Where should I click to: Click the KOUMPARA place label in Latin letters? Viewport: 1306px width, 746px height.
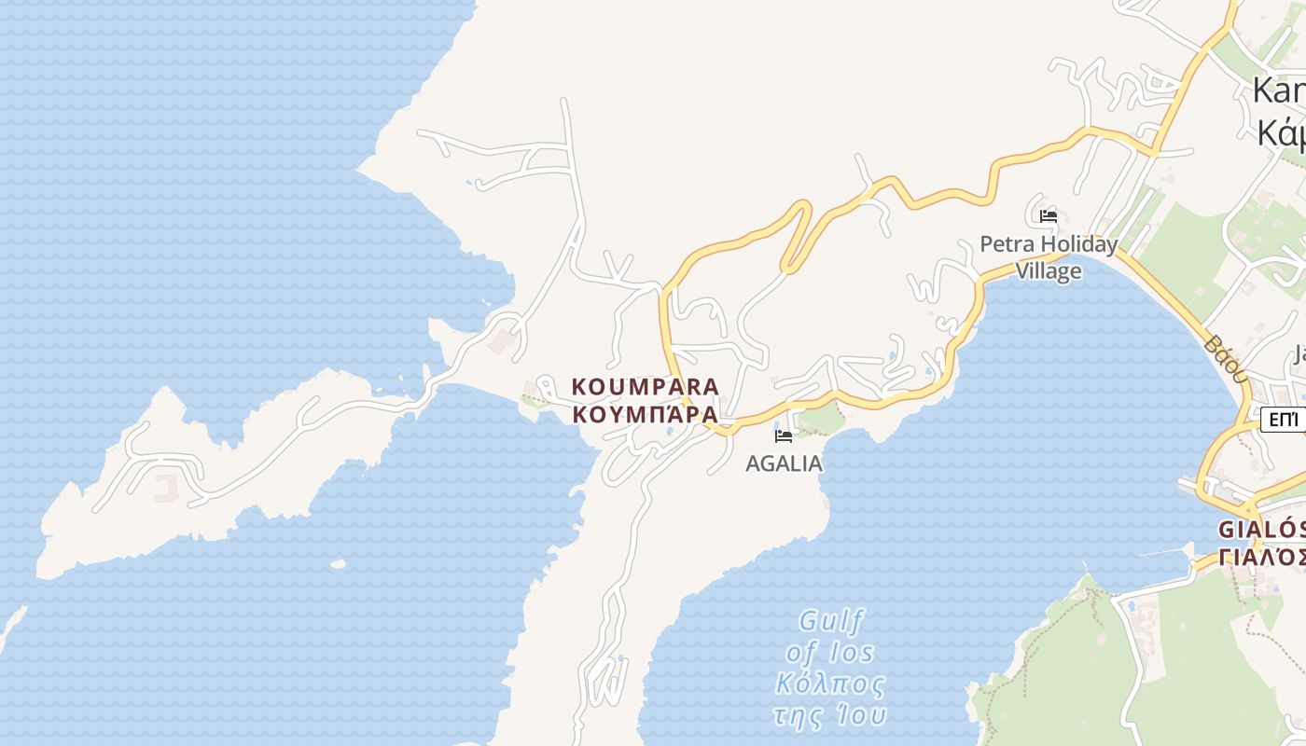pyautogui.click(x=645, y=386)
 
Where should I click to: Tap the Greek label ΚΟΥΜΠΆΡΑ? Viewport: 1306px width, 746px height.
pyautogui.click(x=645, y=414)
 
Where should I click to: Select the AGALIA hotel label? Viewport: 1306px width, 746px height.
pyautogui.click(x=784, y=463)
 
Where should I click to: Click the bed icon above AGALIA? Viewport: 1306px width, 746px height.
pyautogui.click(x=784, y=435)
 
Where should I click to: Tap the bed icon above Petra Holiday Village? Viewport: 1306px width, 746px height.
pyautogui.click(x=1049, y=216)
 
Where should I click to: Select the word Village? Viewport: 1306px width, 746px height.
pyautogui.click(x=1049, y=271)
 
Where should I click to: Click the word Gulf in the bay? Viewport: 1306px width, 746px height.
pyautogui.click(x=832, y=621)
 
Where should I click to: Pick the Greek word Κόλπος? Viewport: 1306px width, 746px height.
pyautogui.click(x=830, y=684)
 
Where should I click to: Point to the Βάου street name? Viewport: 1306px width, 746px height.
pyautogui.click(x=1226, y=359)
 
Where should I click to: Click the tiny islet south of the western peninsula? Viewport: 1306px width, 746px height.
pyautogui.click(x=338, y=564)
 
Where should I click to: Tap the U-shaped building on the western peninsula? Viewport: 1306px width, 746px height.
pyautogui.click(x=166, y=486)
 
